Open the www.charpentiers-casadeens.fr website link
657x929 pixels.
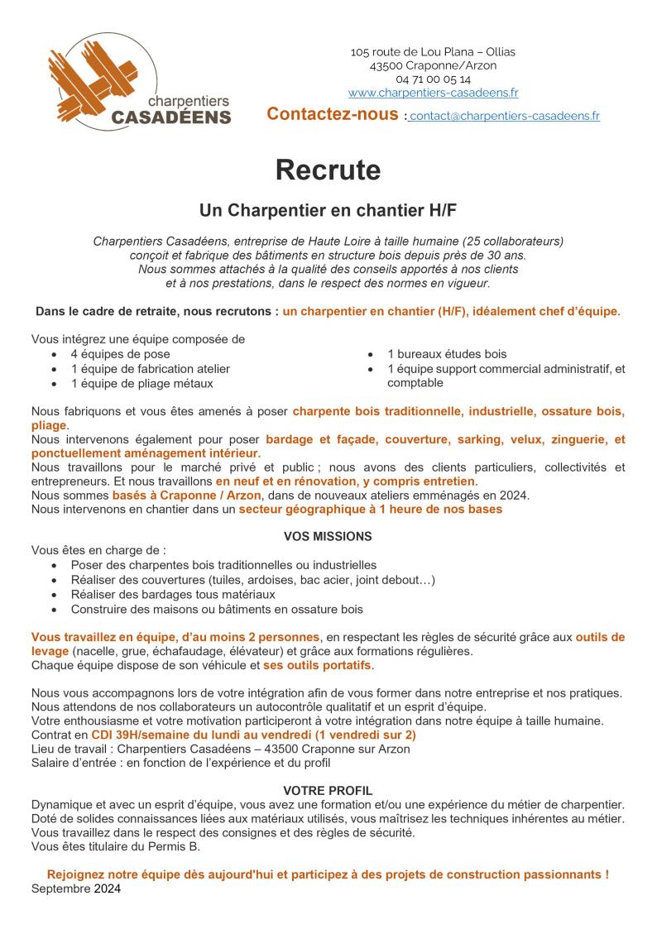pos(433,93)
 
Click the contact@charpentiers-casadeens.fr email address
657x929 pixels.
pos(505,116)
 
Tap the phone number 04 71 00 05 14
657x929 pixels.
pos(433,79)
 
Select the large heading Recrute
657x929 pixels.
pos(328,170)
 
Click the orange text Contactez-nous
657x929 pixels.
pos(333,114)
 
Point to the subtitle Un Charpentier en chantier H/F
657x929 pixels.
pos(328,210)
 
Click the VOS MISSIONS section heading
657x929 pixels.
pos(328,536)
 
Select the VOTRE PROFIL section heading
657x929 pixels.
pos(328,790)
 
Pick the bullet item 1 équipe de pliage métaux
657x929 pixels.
pos(141,383)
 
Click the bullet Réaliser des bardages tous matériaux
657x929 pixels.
pos(173,595)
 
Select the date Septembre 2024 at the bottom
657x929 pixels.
pos(76,889)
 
